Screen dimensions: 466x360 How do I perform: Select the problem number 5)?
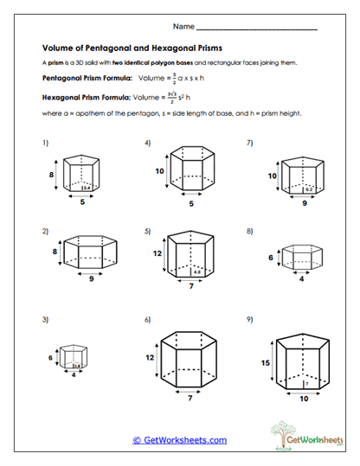coord(148,231)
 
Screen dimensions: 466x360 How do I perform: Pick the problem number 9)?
coord(250,319)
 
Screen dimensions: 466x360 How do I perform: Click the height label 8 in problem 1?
coord(52,174)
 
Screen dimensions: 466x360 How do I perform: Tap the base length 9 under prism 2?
coord(92,278)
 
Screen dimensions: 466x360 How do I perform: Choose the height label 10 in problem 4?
coord(159,171)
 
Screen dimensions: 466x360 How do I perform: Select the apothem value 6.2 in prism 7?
coord(309,188)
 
